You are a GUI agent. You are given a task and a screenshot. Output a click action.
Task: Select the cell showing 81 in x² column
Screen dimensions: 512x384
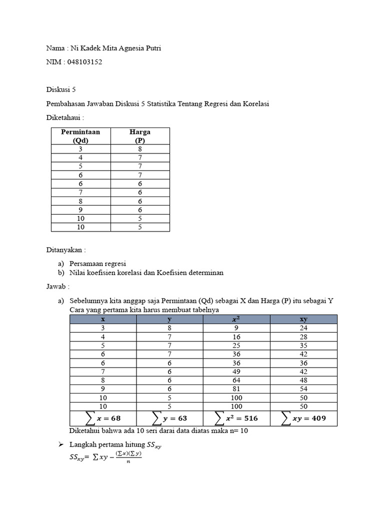pyautogui.click(x=236, y=388)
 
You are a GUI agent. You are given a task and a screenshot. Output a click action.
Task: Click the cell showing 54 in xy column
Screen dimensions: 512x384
pyautogui.click(x=303, y=388)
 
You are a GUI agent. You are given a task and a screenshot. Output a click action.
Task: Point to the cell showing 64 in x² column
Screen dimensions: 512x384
pyautogui.click(x=236, y=379)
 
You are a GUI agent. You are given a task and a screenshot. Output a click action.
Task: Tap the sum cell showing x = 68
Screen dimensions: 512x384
pyautogui.click(x=102, y=418)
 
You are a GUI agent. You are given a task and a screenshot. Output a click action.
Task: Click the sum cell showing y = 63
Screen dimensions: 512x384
pyautogui.click(x=169, y=418)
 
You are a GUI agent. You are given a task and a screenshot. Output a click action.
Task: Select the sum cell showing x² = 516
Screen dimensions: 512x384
pyautogui.click(x=236, y=418)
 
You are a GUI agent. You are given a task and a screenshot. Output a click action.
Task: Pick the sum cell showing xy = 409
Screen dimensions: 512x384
pyautogui.click(x=303, y=418)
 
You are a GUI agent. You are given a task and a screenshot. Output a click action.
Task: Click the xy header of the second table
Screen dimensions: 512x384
pyautogui.click(x=303, y=319)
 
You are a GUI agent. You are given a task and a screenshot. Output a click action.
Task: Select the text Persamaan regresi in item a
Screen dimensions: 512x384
pyautogui.click(x=97, y=263)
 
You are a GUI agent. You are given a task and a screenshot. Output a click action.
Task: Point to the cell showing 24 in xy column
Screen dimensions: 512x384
pyautogui.click(x=303, y=328)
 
